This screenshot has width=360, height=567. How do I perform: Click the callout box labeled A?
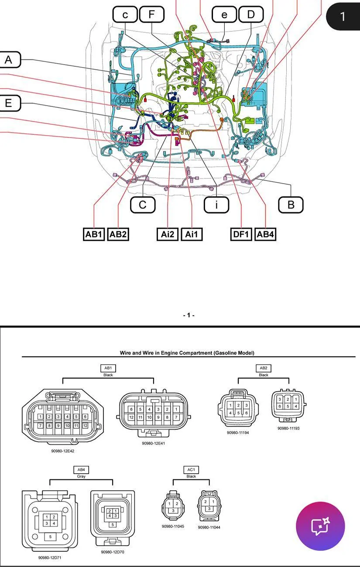(x=8, y=60)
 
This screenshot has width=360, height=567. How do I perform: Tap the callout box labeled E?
(x=8, y=103)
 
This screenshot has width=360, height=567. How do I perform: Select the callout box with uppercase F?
(x=151, y=14)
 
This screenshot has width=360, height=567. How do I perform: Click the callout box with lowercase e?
(x=224, y=14)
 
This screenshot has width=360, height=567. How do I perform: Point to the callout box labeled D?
(x=251, y=14)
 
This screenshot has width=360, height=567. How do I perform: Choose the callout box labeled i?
(x=216, y=204)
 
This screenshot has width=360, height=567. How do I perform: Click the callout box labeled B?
(x=291, y=204)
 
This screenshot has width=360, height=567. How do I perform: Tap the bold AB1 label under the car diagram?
(x=94, y=234)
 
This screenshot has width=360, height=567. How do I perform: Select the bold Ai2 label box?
(x=168, y=234)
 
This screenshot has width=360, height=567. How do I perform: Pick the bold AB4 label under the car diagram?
(x=265, y=234)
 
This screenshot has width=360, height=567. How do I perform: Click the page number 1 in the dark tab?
(x=343, y=17)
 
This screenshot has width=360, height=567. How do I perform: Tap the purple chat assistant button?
(x=320, y=526)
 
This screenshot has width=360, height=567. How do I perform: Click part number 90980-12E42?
(x=63, y=451)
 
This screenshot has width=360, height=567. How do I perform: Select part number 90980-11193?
(x=288, y=428)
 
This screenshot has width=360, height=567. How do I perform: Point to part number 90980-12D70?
(x=113, y=552)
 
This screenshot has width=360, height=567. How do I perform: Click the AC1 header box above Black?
(x=191, y=470)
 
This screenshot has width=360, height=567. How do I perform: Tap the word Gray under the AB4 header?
(x=81, y=477)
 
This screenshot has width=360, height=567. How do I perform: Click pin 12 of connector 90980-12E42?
(x=86, y=425)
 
